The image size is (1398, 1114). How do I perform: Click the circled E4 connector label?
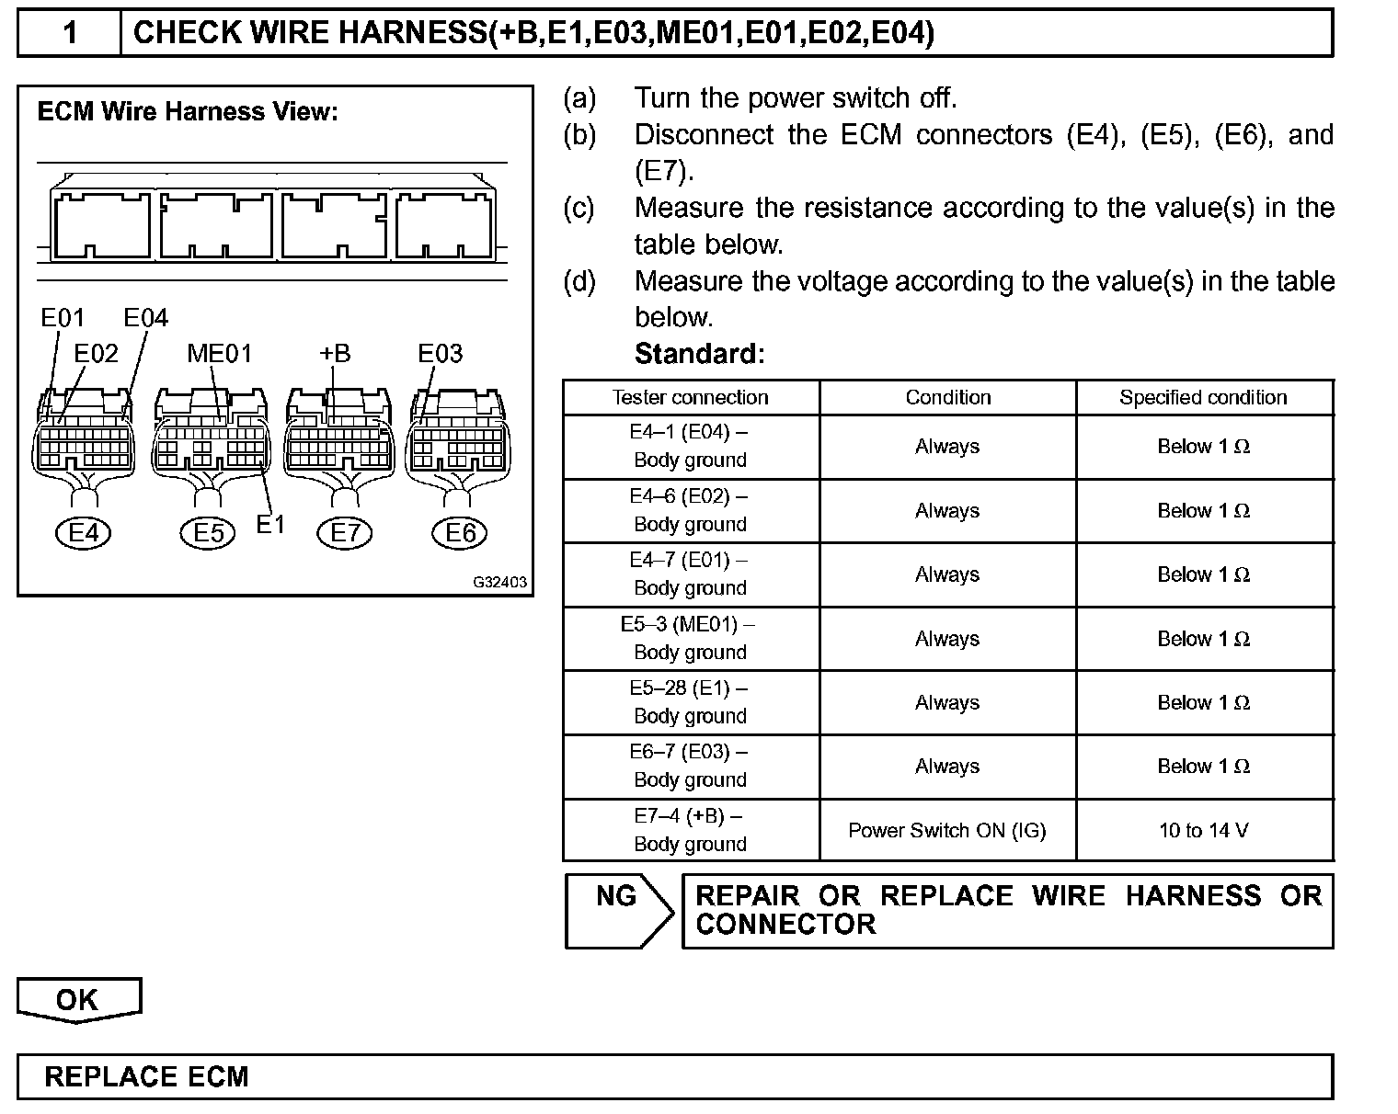coord(84,532)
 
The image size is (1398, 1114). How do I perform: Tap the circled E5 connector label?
coord(209,532)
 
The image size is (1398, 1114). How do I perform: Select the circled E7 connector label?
coord(345,532)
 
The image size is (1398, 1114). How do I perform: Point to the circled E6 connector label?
coord(460,532)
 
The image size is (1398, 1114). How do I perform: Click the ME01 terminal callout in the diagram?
coord(219,354)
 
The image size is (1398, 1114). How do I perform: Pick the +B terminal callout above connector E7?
coord(335,354)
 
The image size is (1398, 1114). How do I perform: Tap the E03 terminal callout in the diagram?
coord(440,354)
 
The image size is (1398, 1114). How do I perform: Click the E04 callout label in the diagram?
coord(146,318)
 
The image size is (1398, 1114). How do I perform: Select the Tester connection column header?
coord(690,397)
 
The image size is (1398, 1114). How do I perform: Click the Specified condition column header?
coord(1203,397)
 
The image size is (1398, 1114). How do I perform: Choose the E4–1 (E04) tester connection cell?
coord(690,446)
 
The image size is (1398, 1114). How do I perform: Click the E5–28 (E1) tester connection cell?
coord(690,702)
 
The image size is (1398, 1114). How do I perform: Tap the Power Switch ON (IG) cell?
coord(947,830)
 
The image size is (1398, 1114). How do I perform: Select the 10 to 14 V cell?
coord(1203,830)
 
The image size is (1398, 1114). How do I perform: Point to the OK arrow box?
coord(78,1000)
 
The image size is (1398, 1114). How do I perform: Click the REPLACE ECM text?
coord(147,1076)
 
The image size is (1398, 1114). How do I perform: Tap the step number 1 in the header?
coord(70,33)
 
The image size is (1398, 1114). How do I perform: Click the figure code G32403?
coord(500,582)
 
